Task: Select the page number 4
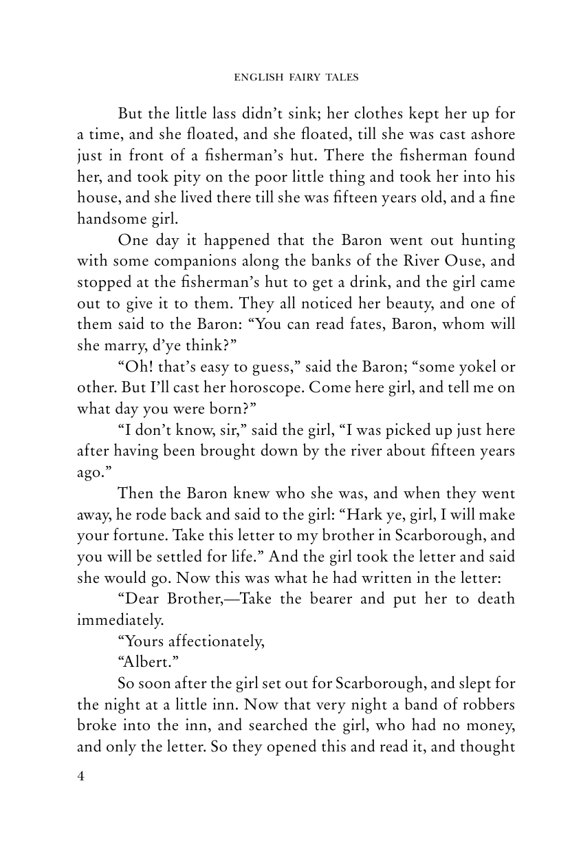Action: point(81,777)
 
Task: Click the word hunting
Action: point(484,241)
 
